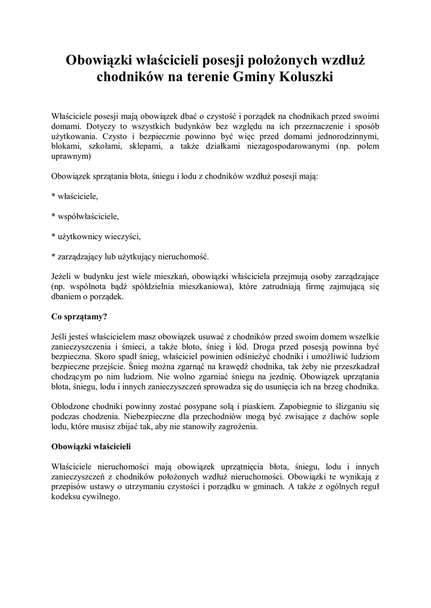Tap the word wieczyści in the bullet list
[122, 236]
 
